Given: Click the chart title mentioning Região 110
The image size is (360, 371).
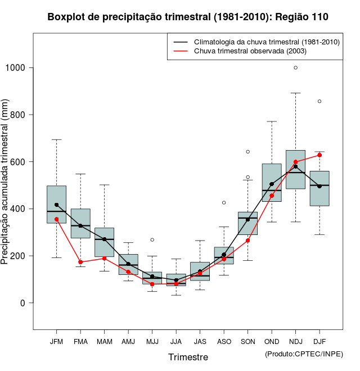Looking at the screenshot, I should coord(188,17).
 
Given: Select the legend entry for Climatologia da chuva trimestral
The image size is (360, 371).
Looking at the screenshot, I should coord(266,42).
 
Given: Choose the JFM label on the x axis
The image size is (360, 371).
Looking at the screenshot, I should coord(56,342).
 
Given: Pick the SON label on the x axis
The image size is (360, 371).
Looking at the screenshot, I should coord(247,342).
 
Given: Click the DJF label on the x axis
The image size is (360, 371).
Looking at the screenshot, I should coord(319,342).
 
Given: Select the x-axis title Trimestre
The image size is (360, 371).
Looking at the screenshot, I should coord(188,357).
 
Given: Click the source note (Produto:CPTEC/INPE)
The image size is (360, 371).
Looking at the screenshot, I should coord(304,354).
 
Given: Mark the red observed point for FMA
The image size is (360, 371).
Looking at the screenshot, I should coord(80,262).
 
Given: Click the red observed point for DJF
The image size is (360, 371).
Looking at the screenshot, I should coord(319,155).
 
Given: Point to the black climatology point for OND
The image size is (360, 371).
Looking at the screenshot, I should coord(272,184).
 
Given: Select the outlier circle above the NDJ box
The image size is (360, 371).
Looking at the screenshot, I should coord(296,67).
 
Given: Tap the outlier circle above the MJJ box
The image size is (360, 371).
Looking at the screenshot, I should coord(152,239).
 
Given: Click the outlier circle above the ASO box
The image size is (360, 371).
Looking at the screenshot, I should coord(224,202).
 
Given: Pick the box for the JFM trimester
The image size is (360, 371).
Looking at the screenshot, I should coord(56,204).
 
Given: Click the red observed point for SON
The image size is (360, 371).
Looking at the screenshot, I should coord(247,241).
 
